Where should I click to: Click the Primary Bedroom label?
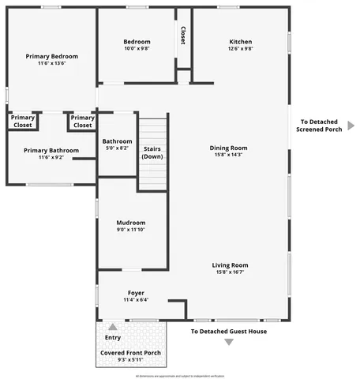pyautogui.click(x=51, y=57)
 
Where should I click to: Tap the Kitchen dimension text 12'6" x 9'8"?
pyautogui.click(x=241, y=49)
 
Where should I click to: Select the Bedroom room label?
pyautogui.click(x=137, y=42)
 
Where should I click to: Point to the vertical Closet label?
pyautogui.click(x=183, y=35)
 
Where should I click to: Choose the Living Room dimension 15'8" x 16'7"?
pyautogui.click(x=230, y=272)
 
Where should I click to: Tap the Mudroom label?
pyautogui.click(x=131, y=223)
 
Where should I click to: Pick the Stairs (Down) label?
pyautogui.click(x=153, y=152)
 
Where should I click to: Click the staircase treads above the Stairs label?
pyautogui.click(x=153, y=130)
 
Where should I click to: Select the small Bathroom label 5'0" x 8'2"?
pyautogui.click(x=117, y=144)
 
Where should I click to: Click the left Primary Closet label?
pyautogui.click(x=23, y=122)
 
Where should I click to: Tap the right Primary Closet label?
pyautogui.click(x=83, y=122)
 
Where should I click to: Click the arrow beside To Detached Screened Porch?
pyautogui.click(x=351, y=126)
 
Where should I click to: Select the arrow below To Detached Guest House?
pyautogui.click(x=229, y=342)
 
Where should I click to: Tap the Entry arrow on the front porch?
pyautogui.click(x=113, y=326)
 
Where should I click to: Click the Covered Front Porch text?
pyautogui.click(x=130, y=352)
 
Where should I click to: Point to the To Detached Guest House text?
pyautogui.click(x=229, y=331)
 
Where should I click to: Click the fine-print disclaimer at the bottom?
pyautogui.click(x=180, y=374)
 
